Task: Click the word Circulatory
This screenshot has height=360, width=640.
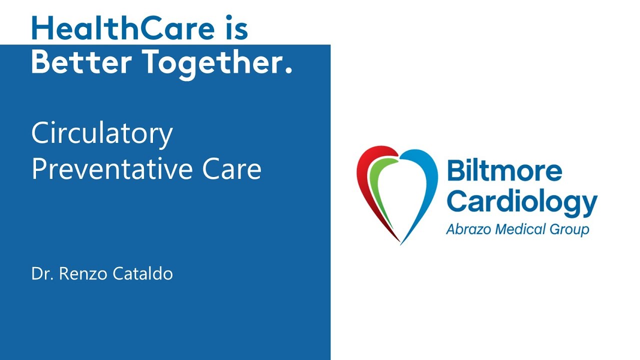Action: coord(102,134)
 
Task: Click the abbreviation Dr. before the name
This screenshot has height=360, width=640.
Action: coord(41,274)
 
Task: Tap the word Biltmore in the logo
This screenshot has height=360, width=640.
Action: coord(504,171)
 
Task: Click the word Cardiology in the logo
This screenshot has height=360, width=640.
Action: coord(521,202)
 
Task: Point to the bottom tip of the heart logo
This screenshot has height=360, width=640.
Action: coord(400,242)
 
